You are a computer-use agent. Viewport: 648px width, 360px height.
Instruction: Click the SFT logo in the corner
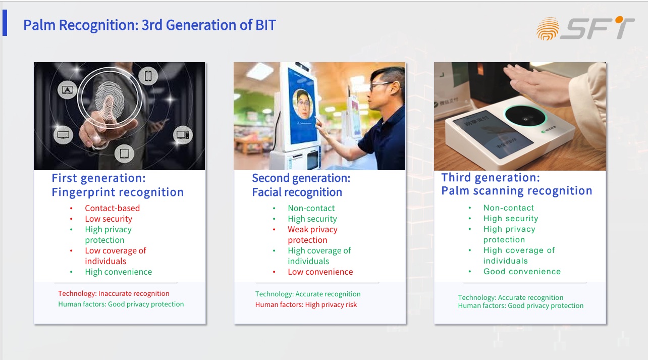click(x=585, y=28)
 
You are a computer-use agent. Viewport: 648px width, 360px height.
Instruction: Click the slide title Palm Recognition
click(x=81, y=25)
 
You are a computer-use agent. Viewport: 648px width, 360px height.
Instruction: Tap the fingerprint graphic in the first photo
click(x=110, y=100)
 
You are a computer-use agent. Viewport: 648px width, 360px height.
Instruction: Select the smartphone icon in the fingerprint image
click(x=148, y=76)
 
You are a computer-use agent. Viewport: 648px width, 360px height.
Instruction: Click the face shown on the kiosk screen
click(x=303, y=104)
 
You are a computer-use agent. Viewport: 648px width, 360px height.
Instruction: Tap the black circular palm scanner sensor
click(x=525, y=116)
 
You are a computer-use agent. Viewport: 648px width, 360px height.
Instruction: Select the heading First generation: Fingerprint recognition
click(x=118, y=185)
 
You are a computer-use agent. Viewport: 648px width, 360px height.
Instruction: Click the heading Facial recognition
click(x=297, y=192)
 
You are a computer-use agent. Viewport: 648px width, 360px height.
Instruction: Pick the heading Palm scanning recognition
click(x=517, y=191)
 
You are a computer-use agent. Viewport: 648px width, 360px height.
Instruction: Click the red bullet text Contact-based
click(x=112, y=208)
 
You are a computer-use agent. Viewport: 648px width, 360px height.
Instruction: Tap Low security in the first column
click(x=109, y=219)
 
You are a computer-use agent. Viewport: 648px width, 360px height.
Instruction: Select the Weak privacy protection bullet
click(x=312, y=235)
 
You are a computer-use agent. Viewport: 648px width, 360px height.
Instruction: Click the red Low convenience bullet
click(x=320, y=272)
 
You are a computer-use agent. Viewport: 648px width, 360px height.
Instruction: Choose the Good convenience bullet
click(x=522, y=272)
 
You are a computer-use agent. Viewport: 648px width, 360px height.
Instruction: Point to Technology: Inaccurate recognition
click(x=114, y=293)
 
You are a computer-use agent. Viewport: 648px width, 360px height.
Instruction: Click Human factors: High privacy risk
click(x=306, y=305)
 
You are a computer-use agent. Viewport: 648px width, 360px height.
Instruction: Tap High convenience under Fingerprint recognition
click(x=118, y=272)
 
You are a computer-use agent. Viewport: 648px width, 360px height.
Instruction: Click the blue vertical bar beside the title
click(x=5, y=23)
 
